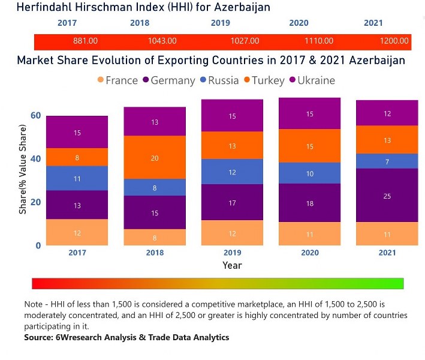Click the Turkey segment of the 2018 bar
[x=155, y=157]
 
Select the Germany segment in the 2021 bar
[x=387, y=196]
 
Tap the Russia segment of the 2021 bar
[x=387, y=161]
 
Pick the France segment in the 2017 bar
[x=77, y=232]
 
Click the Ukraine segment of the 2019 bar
[x=232, y=116]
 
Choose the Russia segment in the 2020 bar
[x=310, y=173]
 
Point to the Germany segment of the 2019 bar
[x=232, y=203]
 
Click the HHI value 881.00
[x=85, y=41]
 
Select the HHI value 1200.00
[x=394, y=41]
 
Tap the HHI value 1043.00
[x=162, y=41]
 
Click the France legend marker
[x=100, y=80]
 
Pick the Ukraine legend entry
[x=312, y=80]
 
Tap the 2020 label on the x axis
[x=310, y=253]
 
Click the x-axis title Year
[x=232, y=265]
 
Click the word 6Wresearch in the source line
[x=78, y=338]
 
